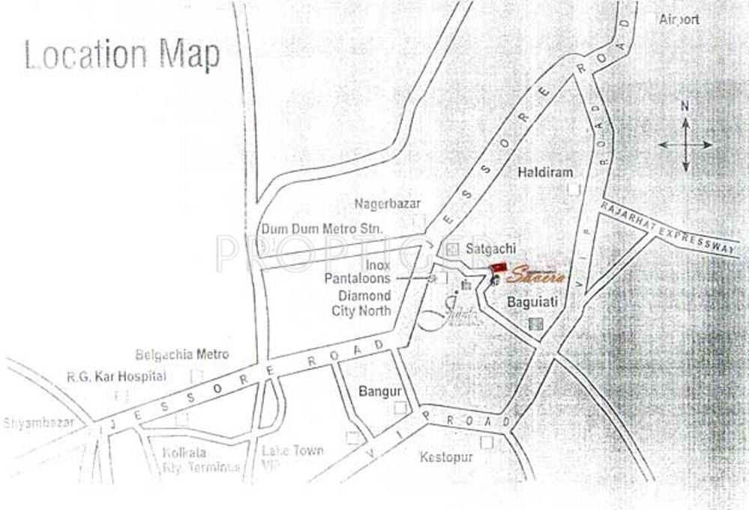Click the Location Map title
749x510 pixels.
[122, 56]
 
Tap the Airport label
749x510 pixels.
[679, 19]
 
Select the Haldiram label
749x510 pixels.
[545, 172]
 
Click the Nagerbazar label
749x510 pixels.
[388, 204]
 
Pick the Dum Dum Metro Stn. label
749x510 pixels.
[322, 228]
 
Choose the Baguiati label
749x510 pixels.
[531, 303]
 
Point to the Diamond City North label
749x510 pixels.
[364, 303]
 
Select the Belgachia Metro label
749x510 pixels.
[182, 354]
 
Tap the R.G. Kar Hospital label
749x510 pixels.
[116, 376]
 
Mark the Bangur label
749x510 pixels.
[381, 391]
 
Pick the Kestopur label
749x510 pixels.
[446, 456]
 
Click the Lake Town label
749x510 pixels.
[292, 451]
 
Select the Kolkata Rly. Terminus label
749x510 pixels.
[201, 461]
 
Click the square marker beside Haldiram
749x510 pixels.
[574, 189]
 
